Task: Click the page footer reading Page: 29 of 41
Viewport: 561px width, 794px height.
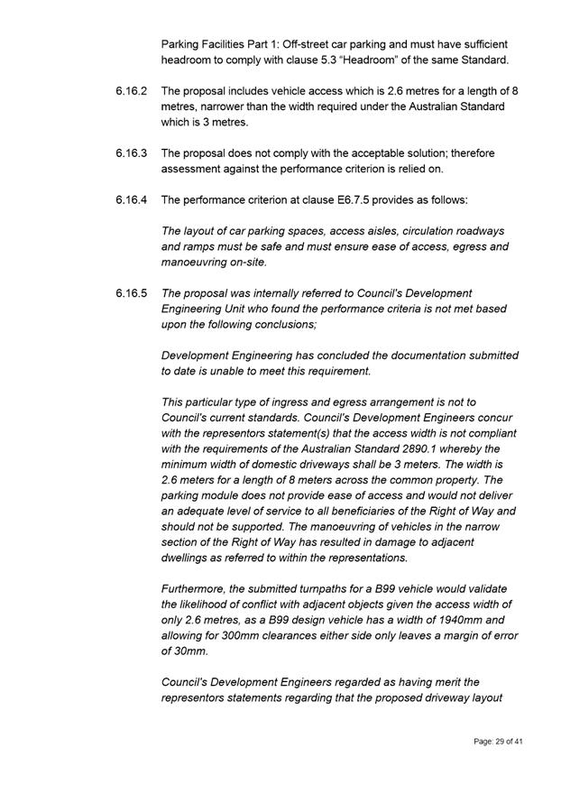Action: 498,742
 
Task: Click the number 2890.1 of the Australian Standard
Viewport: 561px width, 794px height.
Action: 437,448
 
